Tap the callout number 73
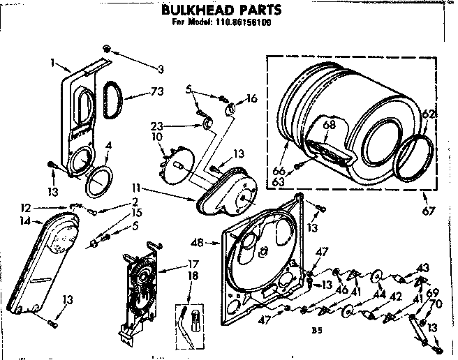coord(160,91)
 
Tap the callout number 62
coord(429,114)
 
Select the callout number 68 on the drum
coord(330,125)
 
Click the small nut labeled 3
coord(107,47)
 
